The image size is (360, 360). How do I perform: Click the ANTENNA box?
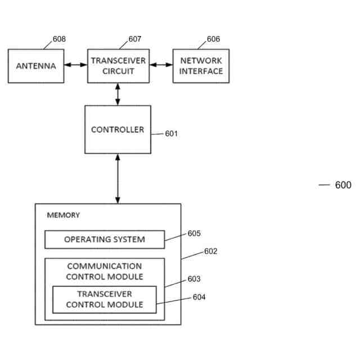tap(36, 66)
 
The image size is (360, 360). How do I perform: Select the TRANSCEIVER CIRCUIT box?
tap(118, 66)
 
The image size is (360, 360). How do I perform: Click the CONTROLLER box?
tap(118, 129)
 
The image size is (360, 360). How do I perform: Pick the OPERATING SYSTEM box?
tap(105, 239)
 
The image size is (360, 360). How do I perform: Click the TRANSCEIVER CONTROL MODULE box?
tap(105, 300)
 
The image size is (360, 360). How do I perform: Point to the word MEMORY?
tap(63, 215)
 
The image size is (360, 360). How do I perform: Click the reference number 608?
tap(59, 39)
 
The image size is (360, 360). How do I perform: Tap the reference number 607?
tap(135, 39)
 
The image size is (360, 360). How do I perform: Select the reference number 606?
tap(214, 39)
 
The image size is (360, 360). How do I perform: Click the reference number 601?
tap(172, 134)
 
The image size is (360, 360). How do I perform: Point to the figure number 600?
tap(343, 185)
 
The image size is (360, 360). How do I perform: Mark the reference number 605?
tap(194, 233)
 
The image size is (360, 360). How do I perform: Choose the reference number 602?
tap(210, 251)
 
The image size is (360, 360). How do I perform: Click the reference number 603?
tap(194, 278)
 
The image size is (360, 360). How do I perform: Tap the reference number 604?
tap(199, 296)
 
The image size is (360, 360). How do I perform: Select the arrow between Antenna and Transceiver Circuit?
tap(75, 66)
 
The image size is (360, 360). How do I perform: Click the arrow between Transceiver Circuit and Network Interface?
tap(160, 66)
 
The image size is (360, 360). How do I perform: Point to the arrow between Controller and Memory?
tap(118, 178)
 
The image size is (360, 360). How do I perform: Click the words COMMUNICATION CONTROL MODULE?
tap(105, 271)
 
